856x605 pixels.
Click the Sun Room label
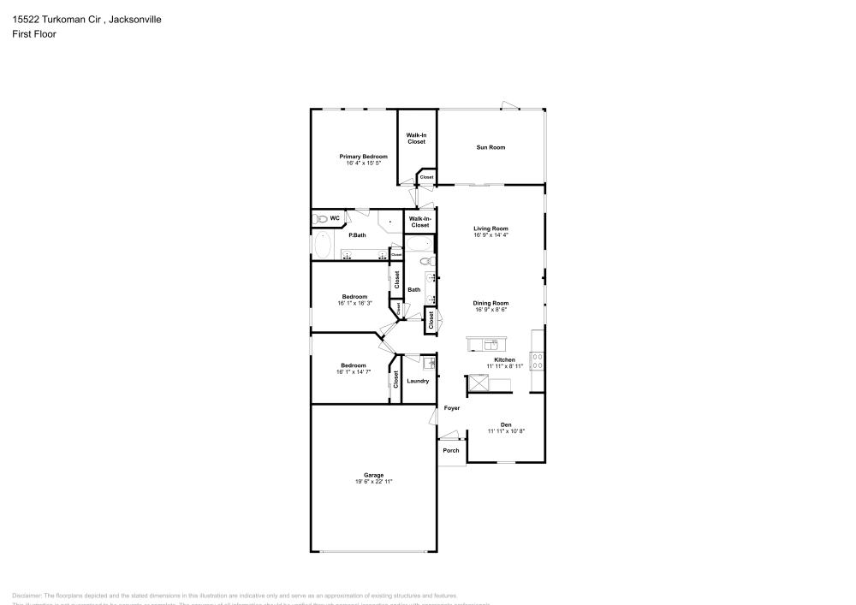(x=490, y=147)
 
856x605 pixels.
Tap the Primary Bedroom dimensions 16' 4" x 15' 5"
(x=364, y=163)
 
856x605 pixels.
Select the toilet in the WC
(x=320, y=218)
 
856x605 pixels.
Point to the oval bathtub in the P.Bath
(x=323, y=246)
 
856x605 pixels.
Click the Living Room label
(x=491, y=228)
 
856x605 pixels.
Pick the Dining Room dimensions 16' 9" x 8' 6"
(x=491, y=310)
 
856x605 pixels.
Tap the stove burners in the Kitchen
(x=538, y=360)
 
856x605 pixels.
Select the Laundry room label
(x=418, y=381)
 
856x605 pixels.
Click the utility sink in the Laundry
(x=429, y=363)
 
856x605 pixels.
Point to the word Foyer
(x=452, y=408)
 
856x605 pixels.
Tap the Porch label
(x=451, y=450)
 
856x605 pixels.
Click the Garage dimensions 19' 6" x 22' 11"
(x=373, y=482)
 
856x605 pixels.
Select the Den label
(x=506, y=424)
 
